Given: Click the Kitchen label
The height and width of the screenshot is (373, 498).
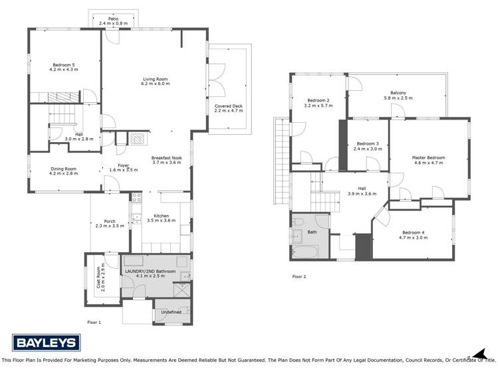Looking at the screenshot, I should tap(162, 216).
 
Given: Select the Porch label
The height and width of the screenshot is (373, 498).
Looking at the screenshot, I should tap(110, 222).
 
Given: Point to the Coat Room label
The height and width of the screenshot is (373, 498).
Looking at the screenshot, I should tap(98, 274).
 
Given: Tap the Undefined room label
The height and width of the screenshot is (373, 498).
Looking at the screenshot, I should tap(171, 312).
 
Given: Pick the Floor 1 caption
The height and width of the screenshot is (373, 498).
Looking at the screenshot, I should tap(94, 322).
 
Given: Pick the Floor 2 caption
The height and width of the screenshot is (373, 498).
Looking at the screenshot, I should tap(299, 277).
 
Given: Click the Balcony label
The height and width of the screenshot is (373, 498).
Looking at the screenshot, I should tap(398, 93).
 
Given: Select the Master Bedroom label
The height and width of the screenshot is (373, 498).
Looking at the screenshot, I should tap(428, 158).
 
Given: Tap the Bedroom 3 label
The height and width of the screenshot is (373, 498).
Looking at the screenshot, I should tap(368, 144).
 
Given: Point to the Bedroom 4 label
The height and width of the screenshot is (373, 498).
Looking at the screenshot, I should tap(412, 232).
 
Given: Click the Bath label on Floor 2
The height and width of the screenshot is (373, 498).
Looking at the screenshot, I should tap(312, 232).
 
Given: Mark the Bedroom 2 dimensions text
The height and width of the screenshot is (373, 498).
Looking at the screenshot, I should tap(318, 106).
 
